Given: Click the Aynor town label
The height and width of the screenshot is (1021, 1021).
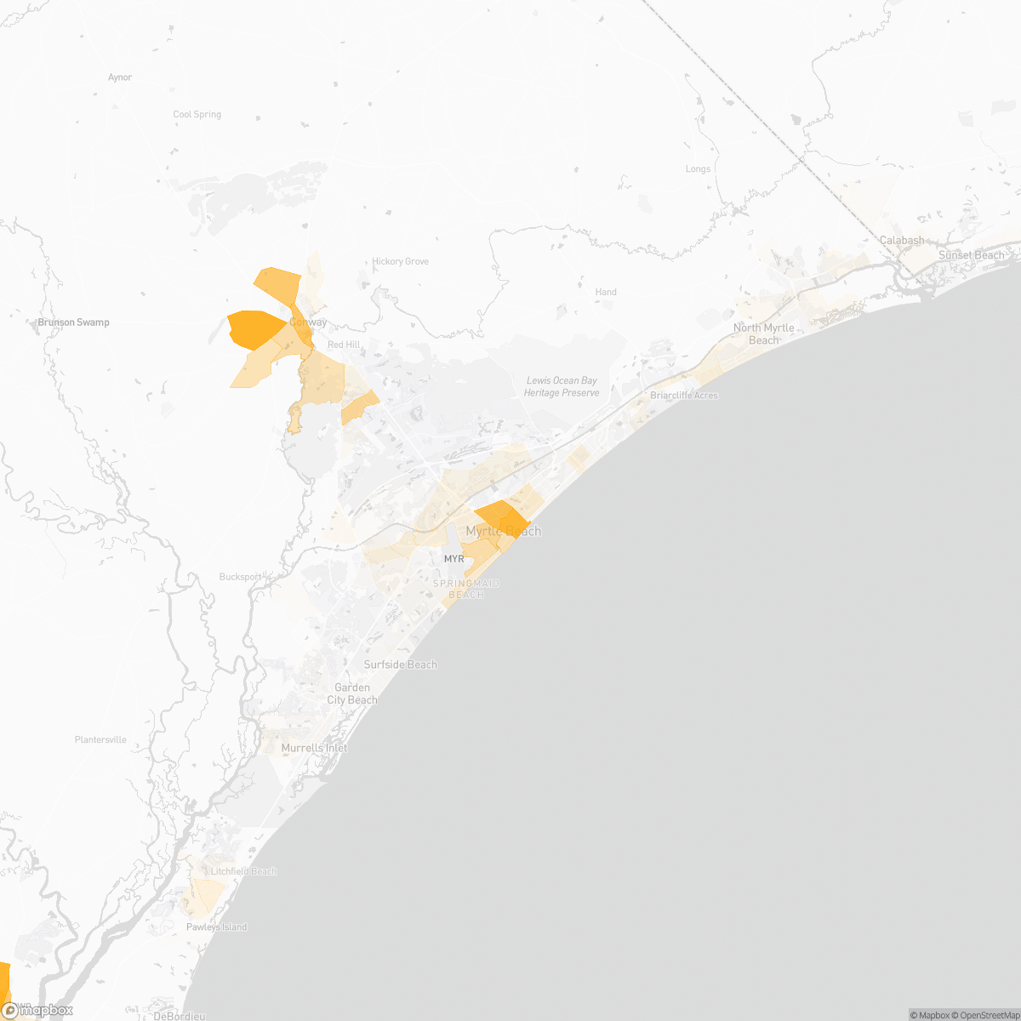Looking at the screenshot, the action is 120,77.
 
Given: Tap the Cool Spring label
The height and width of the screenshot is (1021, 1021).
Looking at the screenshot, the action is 197,114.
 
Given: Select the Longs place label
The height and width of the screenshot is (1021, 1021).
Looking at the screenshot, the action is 698,169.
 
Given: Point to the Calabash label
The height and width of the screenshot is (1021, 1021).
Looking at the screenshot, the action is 902,241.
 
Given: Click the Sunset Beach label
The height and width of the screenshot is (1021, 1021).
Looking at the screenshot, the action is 971,255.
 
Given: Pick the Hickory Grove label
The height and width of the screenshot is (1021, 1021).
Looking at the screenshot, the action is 400,261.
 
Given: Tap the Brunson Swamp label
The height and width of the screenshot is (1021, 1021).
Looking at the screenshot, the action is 73,322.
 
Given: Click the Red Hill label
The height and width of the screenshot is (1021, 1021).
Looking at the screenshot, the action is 344,345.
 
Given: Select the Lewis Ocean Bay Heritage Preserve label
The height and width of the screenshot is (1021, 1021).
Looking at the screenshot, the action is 562,387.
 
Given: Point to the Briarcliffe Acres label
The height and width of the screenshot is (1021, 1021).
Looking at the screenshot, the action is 683,396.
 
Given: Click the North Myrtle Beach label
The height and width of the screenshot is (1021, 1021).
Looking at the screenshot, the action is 764,334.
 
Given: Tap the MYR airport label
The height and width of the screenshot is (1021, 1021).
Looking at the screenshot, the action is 454,559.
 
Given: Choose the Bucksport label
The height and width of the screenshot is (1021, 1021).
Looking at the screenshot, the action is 241,577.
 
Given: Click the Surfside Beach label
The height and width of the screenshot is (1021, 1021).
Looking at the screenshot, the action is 400,665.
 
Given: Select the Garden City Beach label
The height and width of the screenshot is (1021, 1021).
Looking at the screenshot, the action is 352,693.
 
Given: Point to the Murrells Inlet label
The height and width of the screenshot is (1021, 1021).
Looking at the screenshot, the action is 314,748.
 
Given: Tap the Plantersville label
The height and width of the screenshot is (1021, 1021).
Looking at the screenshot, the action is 100,740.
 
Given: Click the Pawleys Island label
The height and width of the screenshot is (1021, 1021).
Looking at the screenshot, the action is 216,927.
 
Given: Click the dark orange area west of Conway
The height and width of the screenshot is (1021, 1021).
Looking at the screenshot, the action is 254,328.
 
